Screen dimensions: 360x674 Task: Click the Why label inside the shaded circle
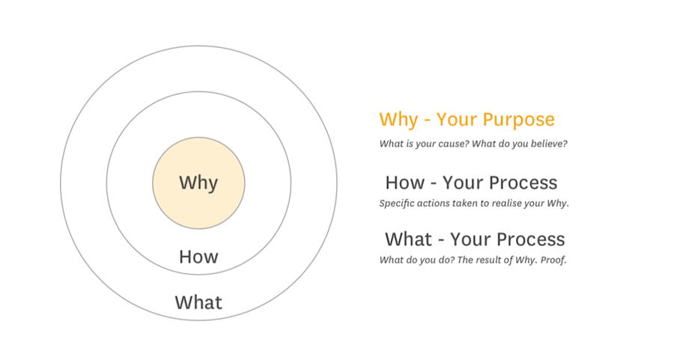coord(198,183)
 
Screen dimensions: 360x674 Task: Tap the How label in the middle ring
coord(198,257)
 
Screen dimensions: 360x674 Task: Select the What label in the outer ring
coord(198,302)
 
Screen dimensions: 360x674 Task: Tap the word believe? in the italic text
coord(544,143)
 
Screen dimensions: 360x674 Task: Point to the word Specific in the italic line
coord(398,203)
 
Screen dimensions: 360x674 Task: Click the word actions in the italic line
coord(437,203)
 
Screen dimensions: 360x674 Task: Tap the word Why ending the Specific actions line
coord(558,203)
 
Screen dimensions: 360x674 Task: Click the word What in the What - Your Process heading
coord(409,240)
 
